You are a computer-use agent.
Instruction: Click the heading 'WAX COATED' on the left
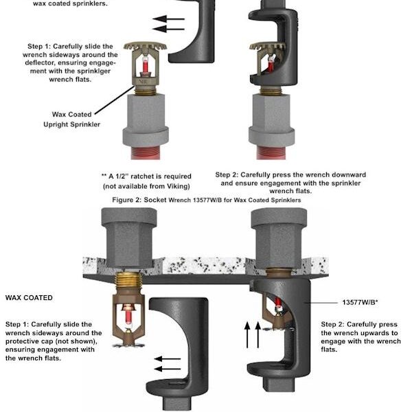(x=29, y=298)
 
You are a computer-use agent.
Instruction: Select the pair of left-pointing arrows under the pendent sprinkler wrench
(x=166, y=363)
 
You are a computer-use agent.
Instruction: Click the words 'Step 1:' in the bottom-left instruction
(x=21, y=323)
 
